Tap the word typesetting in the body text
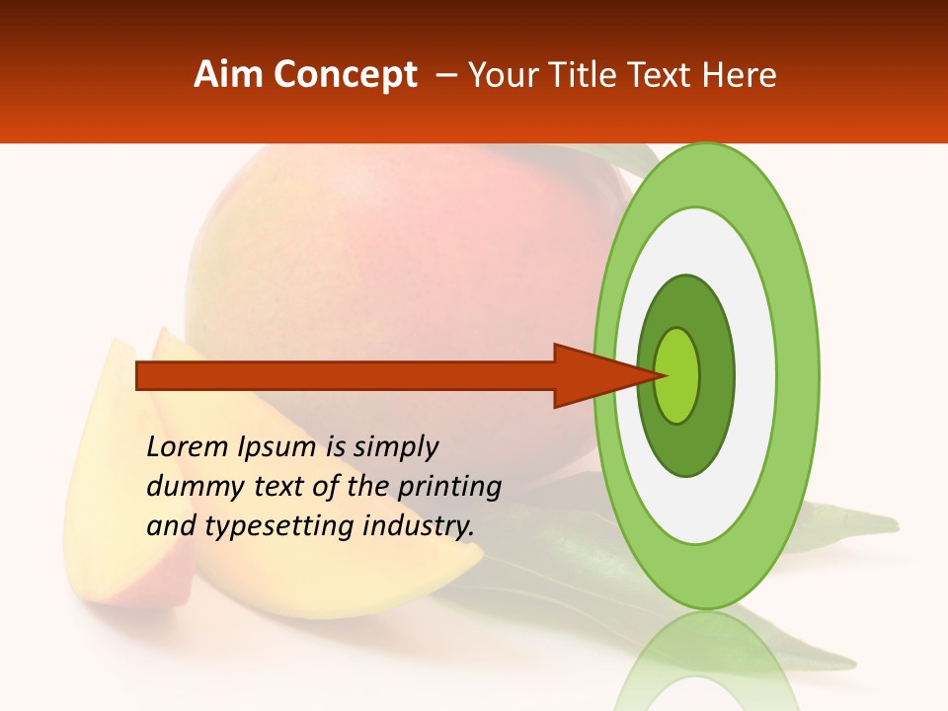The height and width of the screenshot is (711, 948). [x=280, y=526]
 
